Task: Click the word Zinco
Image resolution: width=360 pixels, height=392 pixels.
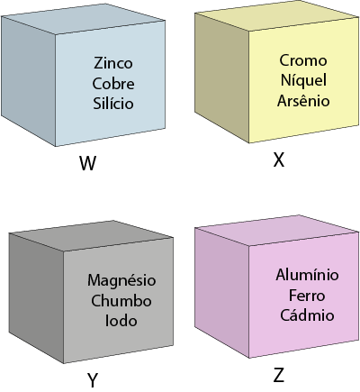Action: [113, 63]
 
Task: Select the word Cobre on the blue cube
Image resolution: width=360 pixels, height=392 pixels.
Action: [113, 83]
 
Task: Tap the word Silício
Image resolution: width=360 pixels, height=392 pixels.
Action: [113, 104]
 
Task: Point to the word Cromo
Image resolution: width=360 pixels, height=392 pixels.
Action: [303, 60]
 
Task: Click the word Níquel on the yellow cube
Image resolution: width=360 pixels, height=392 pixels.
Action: [303, 80]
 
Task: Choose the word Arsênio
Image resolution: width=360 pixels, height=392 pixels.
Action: [303, 100]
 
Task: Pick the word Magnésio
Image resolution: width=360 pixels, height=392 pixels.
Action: [121, 280]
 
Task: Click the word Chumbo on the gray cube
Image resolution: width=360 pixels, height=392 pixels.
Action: [121, 301]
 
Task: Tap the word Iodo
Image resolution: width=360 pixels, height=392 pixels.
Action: [121, 321]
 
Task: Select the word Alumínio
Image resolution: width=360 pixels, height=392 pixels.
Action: [307, 275]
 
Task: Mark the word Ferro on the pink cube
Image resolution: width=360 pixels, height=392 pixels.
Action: [307, 296]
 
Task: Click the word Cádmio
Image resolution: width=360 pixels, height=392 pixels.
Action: [307, 315]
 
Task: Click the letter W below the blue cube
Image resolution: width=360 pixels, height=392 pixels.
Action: [88, 163]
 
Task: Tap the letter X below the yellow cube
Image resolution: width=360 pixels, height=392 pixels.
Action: [279, 160]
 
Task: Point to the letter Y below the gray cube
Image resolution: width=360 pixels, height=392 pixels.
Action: [93, 380]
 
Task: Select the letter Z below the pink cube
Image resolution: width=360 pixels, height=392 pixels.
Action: [279, 376]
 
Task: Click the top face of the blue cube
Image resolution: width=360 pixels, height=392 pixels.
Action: [84, 19]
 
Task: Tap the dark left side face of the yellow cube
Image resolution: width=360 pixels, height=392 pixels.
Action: [221, 77]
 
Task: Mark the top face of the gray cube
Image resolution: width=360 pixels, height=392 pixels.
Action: [92, 236]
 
